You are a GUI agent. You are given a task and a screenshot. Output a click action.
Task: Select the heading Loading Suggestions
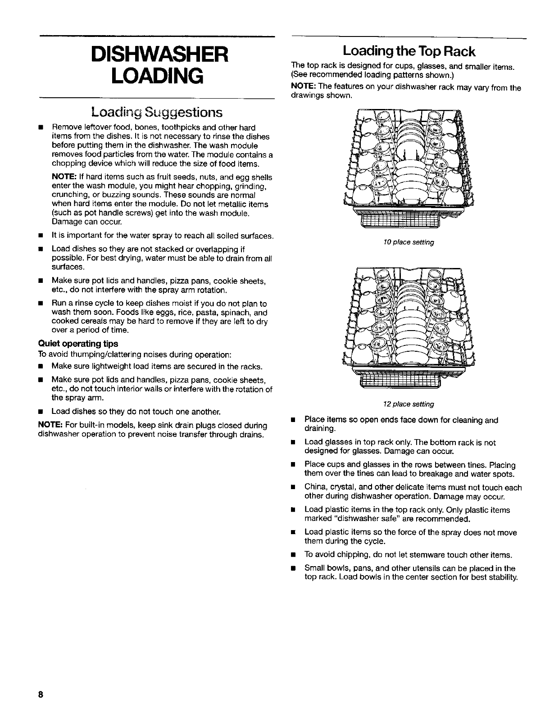tap(157, 112)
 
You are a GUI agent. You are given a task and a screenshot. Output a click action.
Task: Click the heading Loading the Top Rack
tap(409, 51)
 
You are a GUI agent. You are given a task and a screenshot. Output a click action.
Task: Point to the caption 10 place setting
tap(409, 242)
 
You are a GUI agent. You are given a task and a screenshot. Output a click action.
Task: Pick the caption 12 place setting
tap(409, 404)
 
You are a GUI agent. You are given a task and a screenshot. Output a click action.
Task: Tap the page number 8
tap(41, 694)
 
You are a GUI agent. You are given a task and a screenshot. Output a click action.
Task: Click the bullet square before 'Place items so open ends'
tap(293, 420)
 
